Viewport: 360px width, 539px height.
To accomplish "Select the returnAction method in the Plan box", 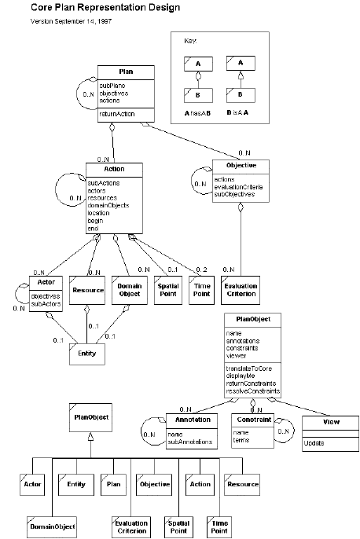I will (x=116, y=114).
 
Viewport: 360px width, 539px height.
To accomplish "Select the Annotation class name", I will (x=187, y=420).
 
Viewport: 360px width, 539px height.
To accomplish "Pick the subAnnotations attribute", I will (x=191, y=442).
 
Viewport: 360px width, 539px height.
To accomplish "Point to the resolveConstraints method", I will (x=252, y=390).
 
